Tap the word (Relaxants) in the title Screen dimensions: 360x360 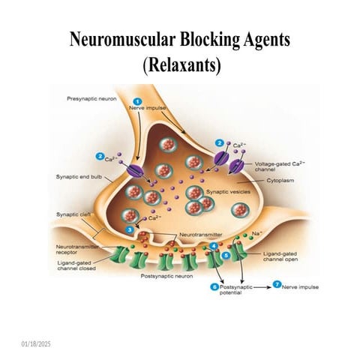coord(181,64)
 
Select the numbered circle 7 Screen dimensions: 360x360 coord(277,286)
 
